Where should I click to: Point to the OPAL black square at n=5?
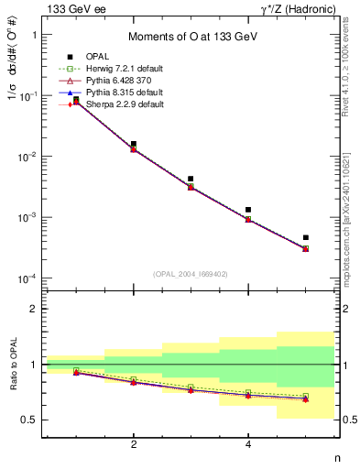[x=305, y=237]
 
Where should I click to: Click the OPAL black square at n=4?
[x=248, y=210]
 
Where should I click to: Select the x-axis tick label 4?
[x=248, y=444]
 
